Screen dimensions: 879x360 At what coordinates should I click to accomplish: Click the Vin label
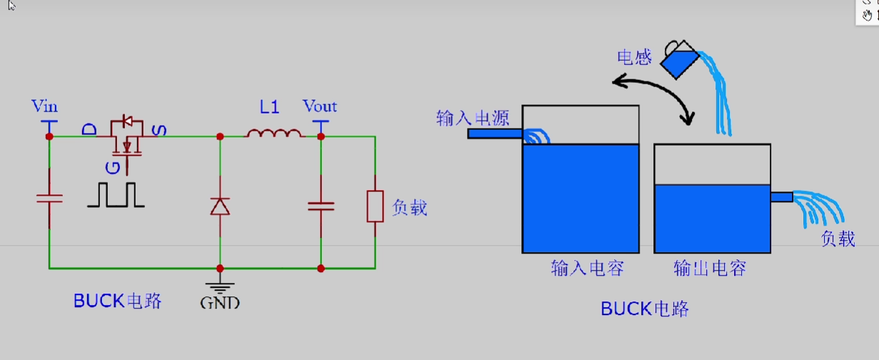point(44,106)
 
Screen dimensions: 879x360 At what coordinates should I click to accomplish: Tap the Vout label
point(319,106)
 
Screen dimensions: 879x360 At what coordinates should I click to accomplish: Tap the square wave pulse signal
point(115,194)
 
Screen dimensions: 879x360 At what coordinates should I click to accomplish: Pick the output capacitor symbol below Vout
point(321,206)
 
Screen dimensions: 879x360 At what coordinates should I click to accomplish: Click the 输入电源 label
point(472,118)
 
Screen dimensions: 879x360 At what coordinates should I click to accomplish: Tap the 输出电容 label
point(710,269)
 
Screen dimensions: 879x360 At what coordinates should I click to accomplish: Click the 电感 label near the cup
point(636,57)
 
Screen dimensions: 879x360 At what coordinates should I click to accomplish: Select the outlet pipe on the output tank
point(782,196)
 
